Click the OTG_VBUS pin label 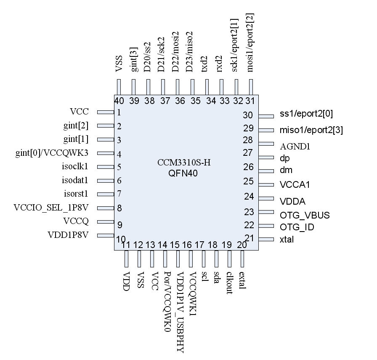(x=305, y=216)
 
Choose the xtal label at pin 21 (x=287, y=240)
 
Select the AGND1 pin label (x=295, y=147)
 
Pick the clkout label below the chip (x=230, y=282)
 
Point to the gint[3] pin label (x=134, y=61)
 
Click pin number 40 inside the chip (x=119, y=101)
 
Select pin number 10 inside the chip (x=120, y=239)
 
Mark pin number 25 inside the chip (x=248, y=181)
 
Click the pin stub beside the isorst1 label (x=106, y=194)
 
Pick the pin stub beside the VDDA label (x=266, y=198)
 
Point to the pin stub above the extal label (x=242, y=259)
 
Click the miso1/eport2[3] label (x=311, y=130)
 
